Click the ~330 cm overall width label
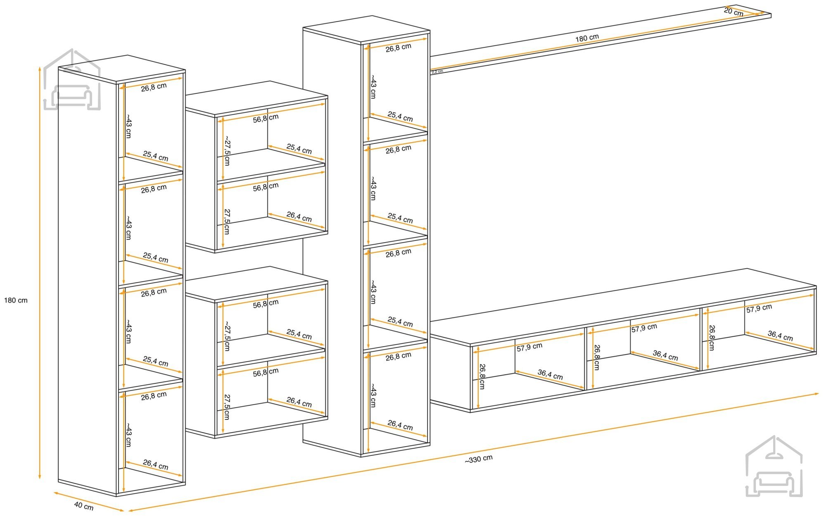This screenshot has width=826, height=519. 479,459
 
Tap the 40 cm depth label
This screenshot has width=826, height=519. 84,506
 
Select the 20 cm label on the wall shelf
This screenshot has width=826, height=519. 733,12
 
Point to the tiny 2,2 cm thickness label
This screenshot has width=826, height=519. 437,71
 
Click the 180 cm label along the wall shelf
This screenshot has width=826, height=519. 587,38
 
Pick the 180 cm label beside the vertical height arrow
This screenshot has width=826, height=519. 16,300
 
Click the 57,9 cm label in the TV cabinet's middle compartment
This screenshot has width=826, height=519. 644,328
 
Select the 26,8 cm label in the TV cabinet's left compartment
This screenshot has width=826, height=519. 482,376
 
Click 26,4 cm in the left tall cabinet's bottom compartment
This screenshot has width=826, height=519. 156,465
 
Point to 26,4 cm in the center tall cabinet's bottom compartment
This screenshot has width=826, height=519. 400,425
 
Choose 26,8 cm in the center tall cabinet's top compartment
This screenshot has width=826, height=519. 399,48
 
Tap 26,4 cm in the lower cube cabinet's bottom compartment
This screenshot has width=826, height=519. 299,402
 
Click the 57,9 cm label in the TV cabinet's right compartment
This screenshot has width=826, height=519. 759,308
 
